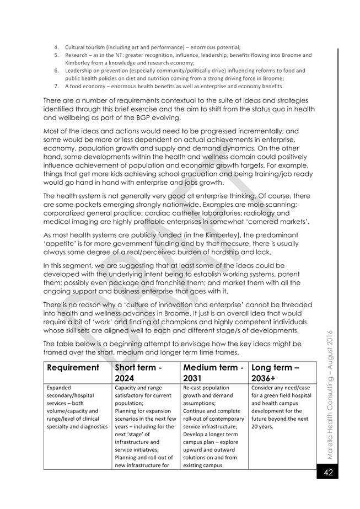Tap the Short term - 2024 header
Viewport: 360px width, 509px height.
pos(138,373)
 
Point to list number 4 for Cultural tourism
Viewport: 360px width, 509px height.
pos(56,47)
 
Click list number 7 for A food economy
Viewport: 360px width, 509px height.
pos(56,86)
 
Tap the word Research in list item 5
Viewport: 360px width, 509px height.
pos(76,55)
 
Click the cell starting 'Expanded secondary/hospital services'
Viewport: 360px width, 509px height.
pos(77,406)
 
